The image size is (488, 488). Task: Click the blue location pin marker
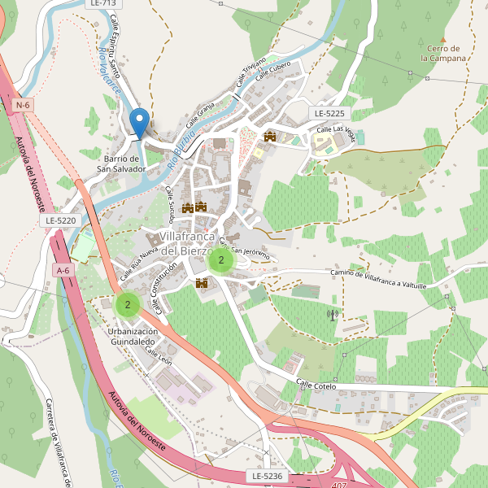point(139,123)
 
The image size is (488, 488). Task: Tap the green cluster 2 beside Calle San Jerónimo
point(220,261)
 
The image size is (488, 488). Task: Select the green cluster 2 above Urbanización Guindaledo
point(127,305)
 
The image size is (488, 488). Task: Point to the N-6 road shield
point(23,105)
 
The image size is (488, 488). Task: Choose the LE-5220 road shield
point(61,220)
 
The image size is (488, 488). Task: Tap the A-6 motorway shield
point(63,269)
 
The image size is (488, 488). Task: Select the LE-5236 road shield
point(266,476)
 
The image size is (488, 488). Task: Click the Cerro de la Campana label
point(443,54)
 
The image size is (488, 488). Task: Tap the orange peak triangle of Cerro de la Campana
point(443,38)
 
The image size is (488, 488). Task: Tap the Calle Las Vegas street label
point(335,129)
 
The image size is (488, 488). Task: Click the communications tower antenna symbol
point(332,314)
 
